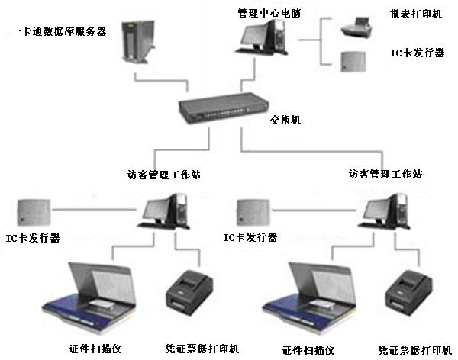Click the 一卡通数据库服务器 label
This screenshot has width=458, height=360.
coord(59,31)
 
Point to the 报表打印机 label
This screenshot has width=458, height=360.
coord(416,14)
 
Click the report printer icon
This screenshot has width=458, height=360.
coord(353,30)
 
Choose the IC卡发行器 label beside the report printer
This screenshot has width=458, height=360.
coord(416,53)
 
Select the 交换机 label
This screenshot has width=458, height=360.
coord(286,120)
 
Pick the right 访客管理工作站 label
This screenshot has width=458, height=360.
coord(385,174)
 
